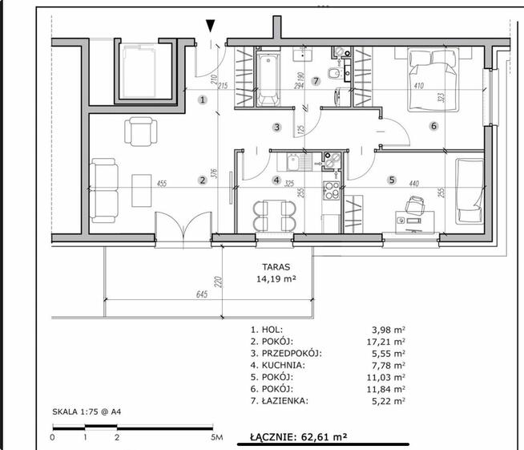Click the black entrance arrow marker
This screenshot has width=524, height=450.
(211, 26)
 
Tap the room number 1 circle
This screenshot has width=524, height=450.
(202, 99)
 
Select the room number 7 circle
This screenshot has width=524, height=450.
(316, 81)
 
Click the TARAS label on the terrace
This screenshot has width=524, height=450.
(276, 267)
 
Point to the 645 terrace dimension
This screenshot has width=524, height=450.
(202, 294)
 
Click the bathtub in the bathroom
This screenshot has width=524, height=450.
(268, 79)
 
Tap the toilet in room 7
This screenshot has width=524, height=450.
(335, 73)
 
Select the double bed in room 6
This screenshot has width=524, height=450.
(433, 79)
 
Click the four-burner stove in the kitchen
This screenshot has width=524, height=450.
(331, 190)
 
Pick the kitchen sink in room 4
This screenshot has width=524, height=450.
(299, 162)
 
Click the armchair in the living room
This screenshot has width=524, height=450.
(141, 132)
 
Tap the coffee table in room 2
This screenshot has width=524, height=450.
(141, 190)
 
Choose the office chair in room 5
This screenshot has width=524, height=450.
(414, 204)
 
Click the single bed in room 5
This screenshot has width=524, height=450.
(470, 192)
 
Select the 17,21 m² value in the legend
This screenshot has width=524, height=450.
(386, 342)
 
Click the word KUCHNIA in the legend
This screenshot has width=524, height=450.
(283, 365)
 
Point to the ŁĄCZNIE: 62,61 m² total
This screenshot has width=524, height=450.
(298, 436)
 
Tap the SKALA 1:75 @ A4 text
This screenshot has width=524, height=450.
(87, 411)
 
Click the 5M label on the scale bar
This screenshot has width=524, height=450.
(217, 437)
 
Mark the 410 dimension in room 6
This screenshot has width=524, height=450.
(419, 86)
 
